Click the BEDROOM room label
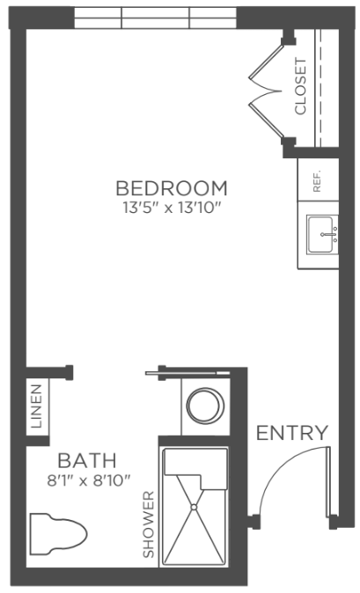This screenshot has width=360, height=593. pos(172,188)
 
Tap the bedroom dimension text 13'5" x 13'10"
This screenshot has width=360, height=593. pos(172,208)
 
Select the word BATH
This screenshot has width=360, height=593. pos(87,460)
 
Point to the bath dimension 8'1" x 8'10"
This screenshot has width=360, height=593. pos(89,480)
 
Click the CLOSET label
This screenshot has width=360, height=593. pos(301,86)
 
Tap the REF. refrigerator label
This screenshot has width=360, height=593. pos(317,180)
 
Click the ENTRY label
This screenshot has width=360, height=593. pos(292,433)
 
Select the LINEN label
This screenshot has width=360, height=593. pos(37,406)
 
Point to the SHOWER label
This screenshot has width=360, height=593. pos(149,524)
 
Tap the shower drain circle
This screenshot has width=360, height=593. pos(194,507)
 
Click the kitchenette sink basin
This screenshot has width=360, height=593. pos(320,235)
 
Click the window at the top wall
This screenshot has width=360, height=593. pos(155,18)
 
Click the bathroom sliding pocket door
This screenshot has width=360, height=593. pos(188,373)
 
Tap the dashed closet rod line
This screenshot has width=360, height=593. pos(318,88)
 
